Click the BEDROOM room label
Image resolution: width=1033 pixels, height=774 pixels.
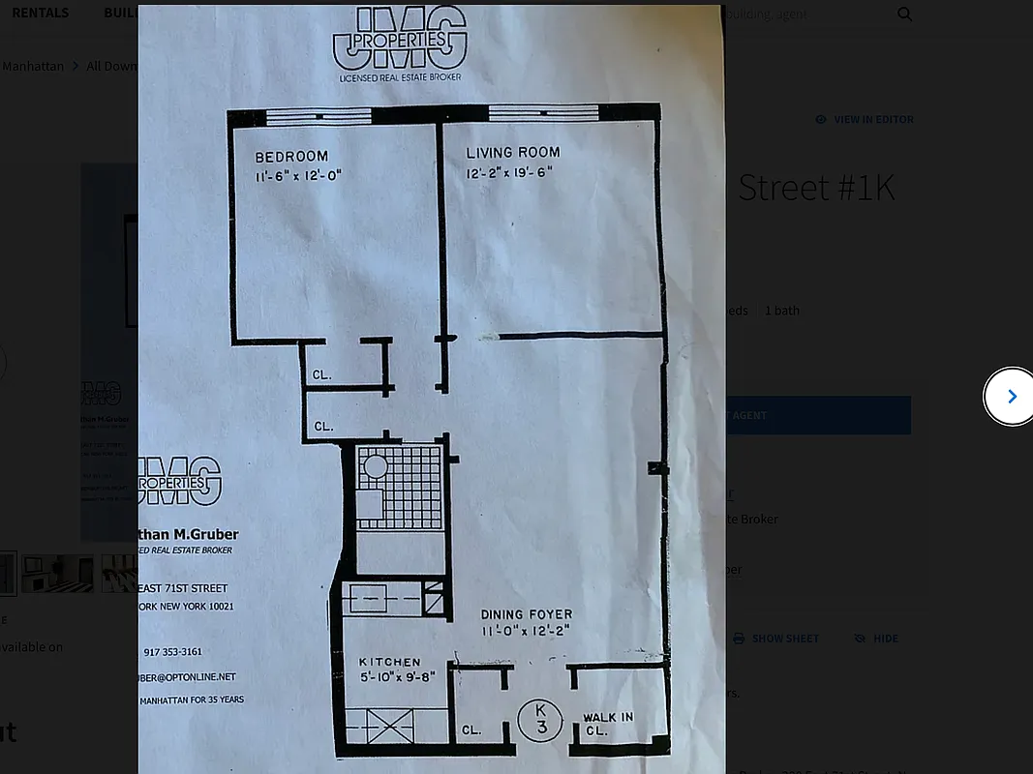(x=291, y=157)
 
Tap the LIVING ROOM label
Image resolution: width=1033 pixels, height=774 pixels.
(x=513, y=153)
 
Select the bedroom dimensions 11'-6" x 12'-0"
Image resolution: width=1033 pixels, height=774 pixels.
(x=299, y=176)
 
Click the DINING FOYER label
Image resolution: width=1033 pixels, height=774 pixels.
(x=527, y=614)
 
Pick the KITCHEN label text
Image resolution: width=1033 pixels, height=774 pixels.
(x=390, y=662)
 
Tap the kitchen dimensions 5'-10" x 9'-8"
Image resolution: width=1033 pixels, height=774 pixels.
(x=390, y=676)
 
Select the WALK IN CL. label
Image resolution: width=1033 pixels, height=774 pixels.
(x=608, y=724)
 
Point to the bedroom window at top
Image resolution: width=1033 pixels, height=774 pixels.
(x=319, y=116)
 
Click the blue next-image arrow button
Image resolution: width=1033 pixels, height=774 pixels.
(x=1011, y=396)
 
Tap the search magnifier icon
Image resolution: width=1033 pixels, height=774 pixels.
(x=904, y=14)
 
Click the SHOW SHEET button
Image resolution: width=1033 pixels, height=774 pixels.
(x=776, y=639)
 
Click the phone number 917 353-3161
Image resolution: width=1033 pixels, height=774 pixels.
(x=172, y=652)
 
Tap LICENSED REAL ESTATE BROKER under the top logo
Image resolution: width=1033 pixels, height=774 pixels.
(x=400, y=76)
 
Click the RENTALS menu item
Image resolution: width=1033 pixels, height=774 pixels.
(x=40, y=13)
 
